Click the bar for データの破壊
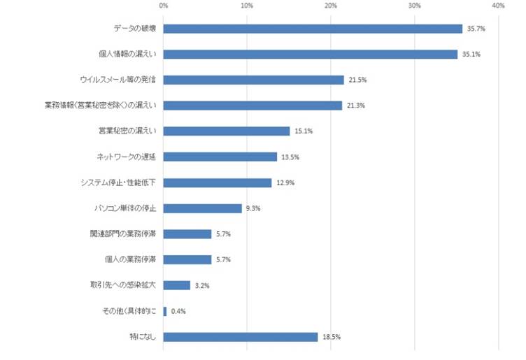[x=313, y=29]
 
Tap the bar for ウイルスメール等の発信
[x=253, y=80]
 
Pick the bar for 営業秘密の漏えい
[x=227, y=131]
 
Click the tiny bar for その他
[x=165, y=311]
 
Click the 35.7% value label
[x=476, y=29]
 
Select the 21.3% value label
[x=355, y=106]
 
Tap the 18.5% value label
[x=331, y=337]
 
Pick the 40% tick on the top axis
[x=498, y=6]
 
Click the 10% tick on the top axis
[x=247, y=6]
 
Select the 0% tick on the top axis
[x=164, y=6]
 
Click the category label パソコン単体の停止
[x=125, y=208]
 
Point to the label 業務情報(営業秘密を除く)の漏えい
[x=100, y=106]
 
